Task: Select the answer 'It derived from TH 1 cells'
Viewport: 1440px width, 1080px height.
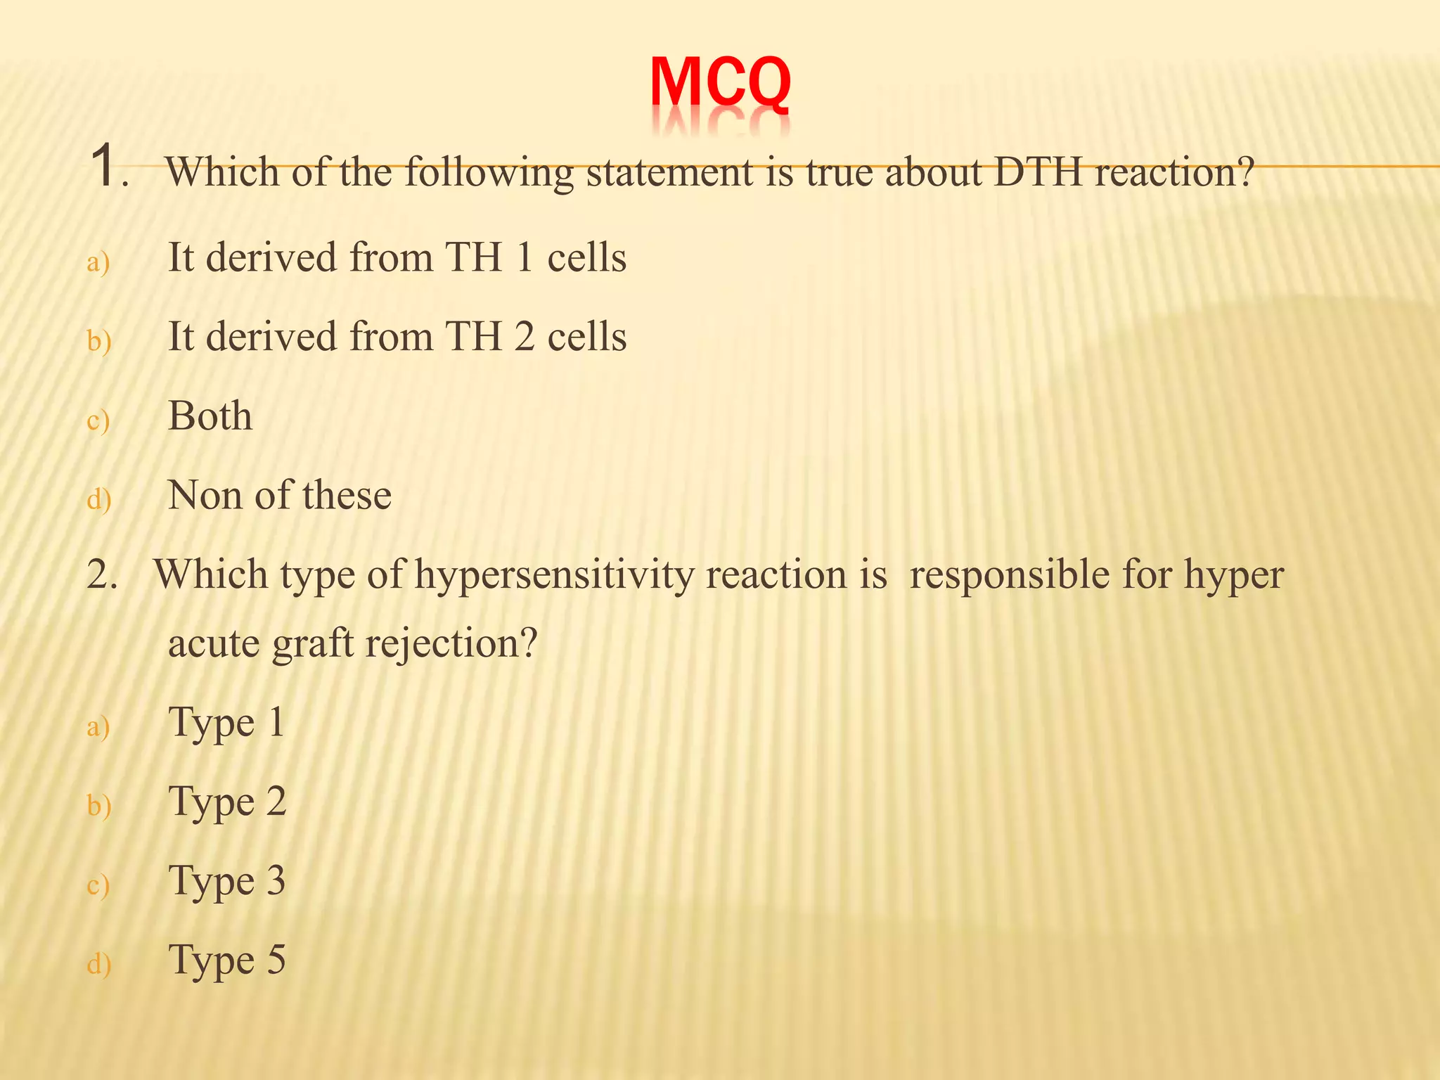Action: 397,257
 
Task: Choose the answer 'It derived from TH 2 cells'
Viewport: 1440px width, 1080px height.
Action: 397,337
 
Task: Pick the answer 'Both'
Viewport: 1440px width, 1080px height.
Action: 210,416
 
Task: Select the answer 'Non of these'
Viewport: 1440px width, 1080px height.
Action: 279,495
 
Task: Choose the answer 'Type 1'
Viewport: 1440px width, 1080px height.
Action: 226,723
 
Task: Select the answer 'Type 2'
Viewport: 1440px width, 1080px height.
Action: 227,802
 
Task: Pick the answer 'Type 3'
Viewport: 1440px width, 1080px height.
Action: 227,882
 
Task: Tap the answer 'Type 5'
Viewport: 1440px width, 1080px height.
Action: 227,960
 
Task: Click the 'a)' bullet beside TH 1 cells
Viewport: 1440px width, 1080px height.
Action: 98,263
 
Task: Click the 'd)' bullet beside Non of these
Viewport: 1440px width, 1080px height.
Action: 98,500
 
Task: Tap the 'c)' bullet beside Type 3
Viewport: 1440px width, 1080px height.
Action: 98,886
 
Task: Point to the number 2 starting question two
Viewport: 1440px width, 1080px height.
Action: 98,575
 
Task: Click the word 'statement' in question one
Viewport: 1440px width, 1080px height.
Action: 669,172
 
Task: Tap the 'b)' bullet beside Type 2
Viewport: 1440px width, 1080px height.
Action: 98,806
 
